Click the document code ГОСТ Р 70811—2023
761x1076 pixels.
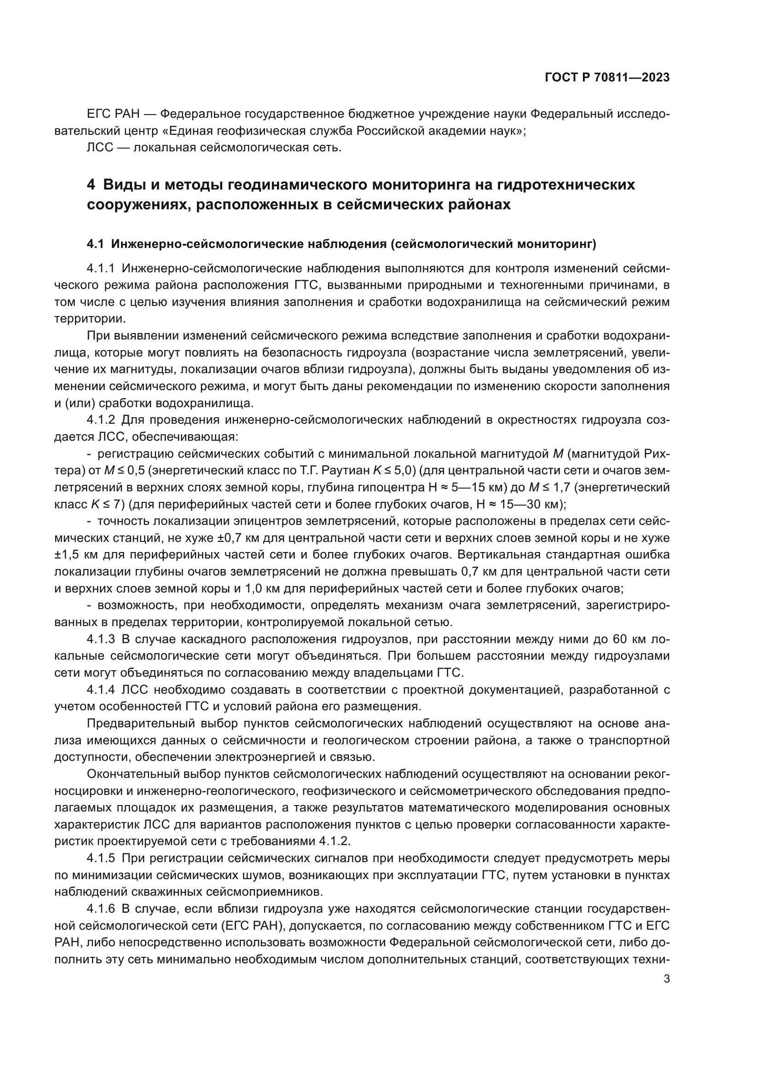tap(607, 78)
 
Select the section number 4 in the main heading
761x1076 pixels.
tap(92, 185)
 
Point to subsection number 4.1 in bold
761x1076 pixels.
tap(96, 244)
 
